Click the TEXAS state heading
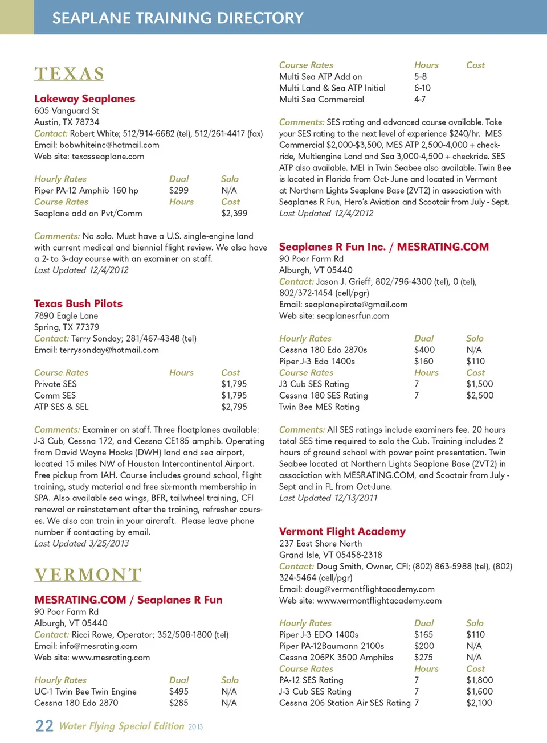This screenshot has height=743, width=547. (69, 74)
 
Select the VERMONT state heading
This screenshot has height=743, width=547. (87, 574)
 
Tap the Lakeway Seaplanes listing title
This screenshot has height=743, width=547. (84, 98)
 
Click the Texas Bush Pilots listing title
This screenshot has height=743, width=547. (78, 303)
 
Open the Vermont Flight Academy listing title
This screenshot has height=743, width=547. (342, 531)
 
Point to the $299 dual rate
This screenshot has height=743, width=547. (178, 190)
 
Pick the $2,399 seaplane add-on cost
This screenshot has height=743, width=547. (234, 213)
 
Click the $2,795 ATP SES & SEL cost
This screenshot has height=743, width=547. (234, 407)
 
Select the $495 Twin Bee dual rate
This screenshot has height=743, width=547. (178, 691)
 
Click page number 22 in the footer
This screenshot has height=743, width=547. (44, 726)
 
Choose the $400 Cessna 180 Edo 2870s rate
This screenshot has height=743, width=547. (424, 350)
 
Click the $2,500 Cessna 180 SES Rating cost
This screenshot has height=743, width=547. (479, 395)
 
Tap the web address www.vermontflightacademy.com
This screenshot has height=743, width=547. (379, 600)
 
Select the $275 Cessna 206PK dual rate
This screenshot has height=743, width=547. (423, 657)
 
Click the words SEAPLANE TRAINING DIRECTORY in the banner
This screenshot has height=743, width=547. (178, 18)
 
